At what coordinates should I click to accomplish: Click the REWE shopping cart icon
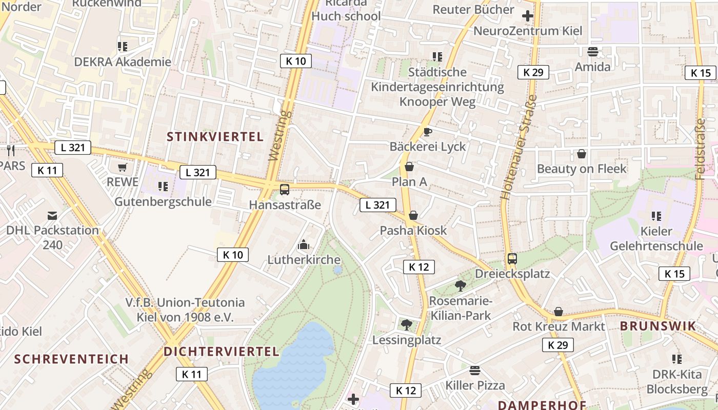[122, 167]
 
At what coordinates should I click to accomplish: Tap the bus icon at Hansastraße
[285, 190]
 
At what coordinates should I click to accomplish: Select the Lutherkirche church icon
[304, 244]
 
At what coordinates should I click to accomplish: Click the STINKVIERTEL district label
[215, 137]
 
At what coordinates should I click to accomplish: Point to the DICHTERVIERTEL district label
[222, 352]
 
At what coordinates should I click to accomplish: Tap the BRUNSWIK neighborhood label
[658, 326]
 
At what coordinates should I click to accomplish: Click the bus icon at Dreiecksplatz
[512, 259]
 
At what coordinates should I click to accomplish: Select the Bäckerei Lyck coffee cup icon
[427, 132]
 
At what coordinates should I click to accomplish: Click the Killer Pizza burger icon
[475, 370]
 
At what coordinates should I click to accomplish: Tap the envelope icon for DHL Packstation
[52, 215]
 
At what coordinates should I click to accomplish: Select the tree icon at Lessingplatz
[406, 324]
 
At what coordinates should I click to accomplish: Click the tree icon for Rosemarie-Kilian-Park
[460, 285]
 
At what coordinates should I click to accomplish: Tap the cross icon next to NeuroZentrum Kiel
[527, 16]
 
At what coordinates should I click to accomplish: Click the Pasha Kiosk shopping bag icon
[413, 215]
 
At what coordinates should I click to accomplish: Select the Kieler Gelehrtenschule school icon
[656, 216]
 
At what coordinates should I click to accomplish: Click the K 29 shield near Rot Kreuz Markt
[558, 345]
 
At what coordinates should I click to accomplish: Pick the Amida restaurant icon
[593, 52]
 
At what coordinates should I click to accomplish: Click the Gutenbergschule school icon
[163, 187]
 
